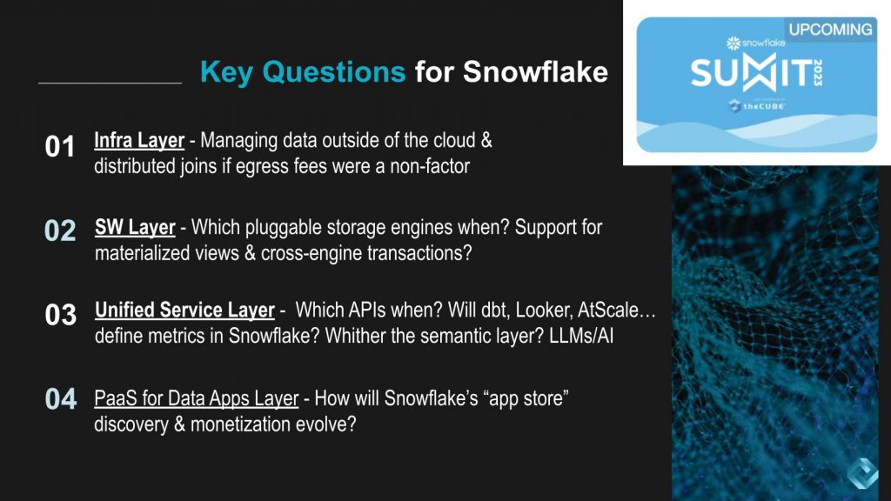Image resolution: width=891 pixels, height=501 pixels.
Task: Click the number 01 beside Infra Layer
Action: [x=60, y=147]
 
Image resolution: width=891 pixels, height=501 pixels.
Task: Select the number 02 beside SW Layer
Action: [x=60, y=231]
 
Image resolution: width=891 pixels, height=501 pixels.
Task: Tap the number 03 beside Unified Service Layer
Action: [x=60, y=315]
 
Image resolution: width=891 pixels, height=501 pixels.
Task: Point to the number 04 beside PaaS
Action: [x=60, y=399]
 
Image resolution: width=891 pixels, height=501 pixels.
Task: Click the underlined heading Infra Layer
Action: [x=139, y=141]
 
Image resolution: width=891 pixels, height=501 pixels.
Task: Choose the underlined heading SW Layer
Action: [x=135, y=228]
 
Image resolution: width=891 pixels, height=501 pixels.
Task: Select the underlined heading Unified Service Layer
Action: [x=184, y=311]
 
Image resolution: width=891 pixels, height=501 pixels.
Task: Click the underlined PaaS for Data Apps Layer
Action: [x=197, y=399]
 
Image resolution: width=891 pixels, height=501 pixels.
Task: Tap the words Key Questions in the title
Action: [x=302, y=71]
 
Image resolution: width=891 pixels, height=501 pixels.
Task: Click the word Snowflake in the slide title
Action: [x=535, y=71]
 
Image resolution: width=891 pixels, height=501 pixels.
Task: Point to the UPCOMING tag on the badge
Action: [x=829, y=29]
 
